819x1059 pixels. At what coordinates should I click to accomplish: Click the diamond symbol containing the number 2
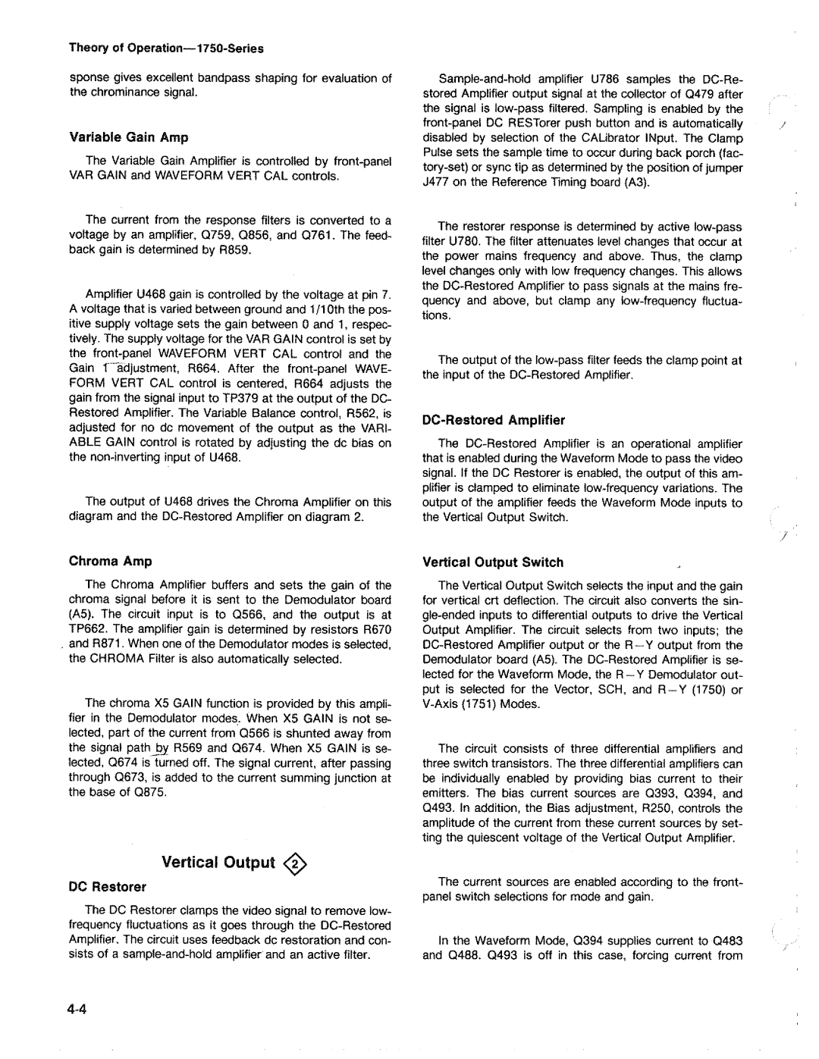(297, 863)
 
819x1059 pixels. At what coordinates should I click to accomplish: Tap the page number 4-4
(80, 1011)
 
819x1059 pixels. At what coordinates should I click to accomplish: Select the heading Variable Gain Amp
(129, 137)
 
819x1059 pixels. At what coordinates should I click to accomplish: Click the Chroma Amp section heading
(111, 561)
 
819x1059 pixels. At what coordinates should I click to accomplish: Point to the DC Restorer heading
(108, 886)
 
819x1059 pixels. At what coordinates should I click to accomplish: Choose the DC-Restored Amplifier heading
(494, 419)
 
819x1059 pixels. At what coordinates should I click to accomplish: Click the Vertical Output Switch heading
(493, 562)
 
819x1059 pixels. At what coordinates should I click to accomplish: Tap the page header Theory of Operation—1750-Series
(166, 49)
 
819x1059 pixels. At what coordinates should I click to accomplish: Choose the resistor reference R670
(376, 629)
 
